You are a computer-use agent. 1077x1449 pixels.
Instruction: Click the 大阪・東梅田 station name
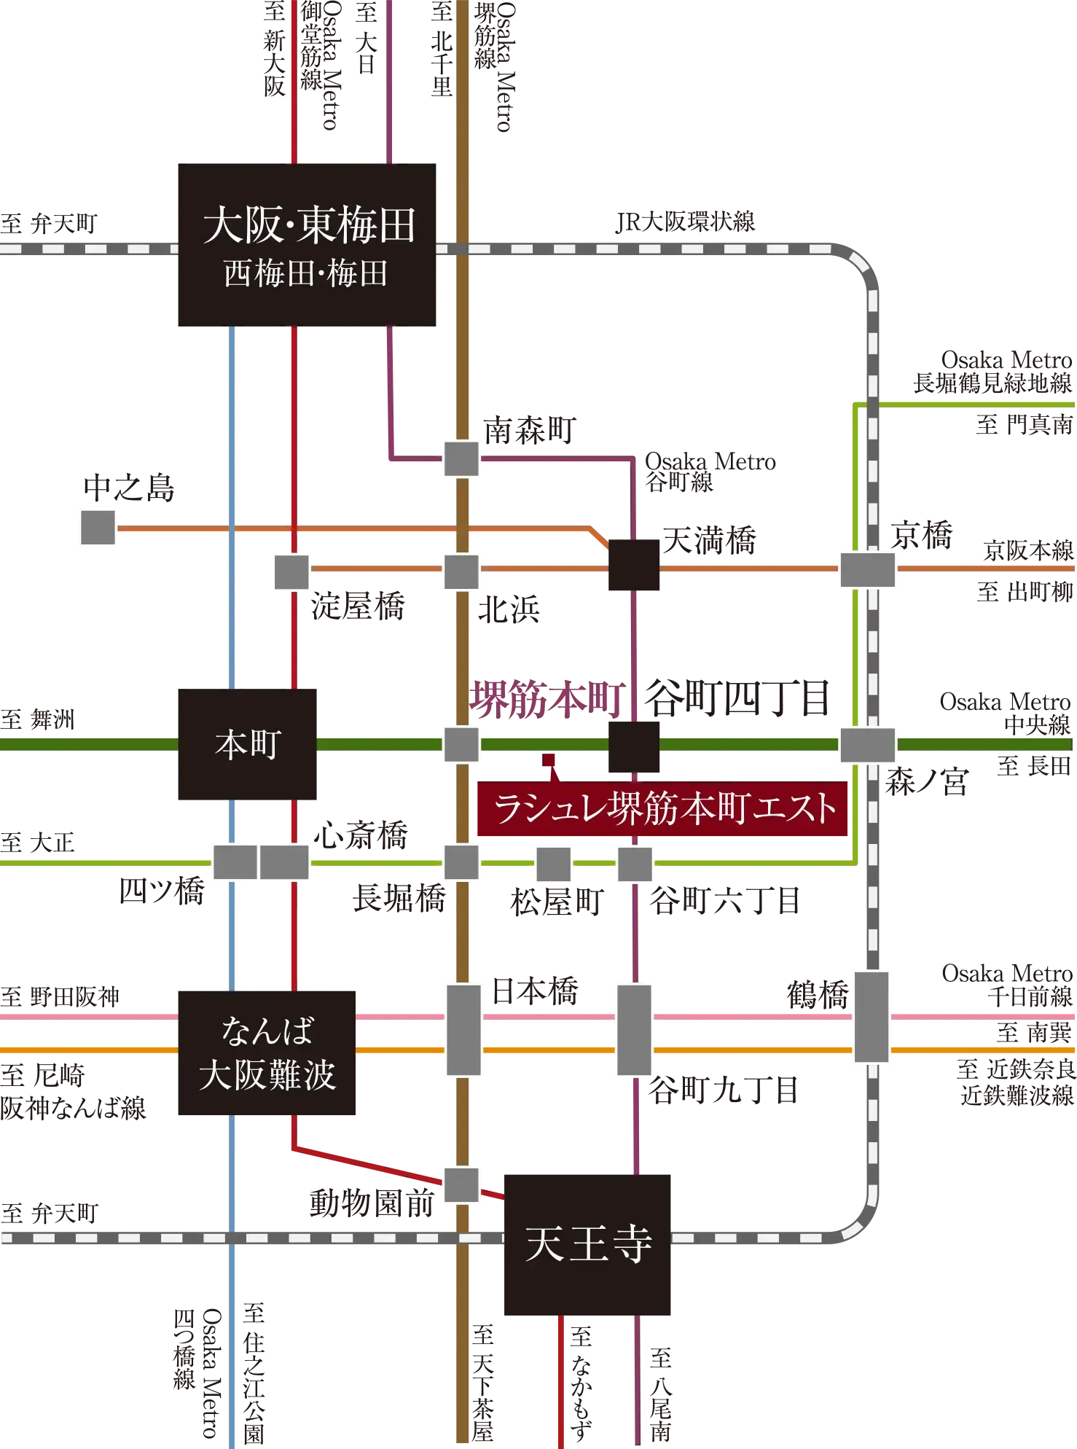(x=309, y=225)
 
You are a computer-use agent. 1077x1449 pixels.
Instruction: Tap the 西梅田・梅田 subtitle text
(x=305, y=275)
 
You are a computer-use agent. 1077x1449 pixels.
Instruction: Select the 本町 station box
(x=248, y=745)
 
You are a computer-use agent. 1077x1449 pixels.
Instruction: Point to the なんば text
(x=267, y=1031)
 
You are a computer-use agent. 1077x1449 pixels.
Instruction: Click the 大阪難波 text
(x=267, y=1074)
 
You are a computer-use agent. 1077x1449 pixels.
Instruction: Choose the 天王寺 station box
(x=588, y=1244)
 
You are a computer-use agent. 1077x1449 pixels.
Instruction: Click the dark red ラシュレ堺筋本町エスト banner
(x=664, y=809)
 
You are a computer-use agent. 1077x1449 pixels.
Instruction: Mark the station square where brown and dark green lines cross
(x=461, y=745)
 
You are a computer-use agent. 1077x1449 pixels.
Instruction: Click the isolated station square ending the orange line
(x=99, y=527)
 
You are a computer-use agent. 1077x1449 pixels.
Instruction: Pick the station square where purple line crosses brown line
(x=461, y=459)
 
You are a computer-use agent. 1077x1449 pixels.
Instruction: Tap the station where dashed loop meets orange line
(x=866, y=569)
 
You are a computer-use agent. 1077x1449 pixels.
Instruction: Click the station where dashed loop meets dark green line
(x=866, y=745)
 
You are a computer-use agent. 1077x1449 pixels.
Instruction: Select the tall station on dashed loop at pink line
(x=872, y=1017)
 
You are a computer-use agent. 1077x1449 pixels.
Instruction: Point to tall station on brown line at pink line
(x=463, y=1029)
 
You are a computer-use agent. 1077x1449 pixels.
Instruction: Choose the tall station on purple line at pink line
(x=635, y=1029)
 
